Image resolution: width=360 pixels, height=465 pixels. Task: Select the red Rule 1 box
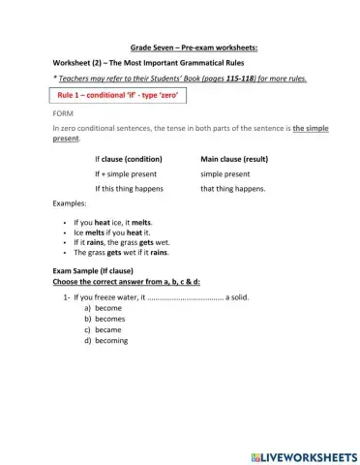coord(115,96)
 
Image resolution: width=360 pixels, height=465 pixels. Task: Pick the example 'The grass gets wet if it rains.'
coord(121,252)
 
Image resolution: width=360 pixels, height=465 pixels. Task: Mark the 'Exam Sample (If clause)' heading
coord(93,270)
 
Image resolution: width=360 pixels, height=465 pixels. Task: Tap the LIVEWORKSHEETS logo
coord(303,455)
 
